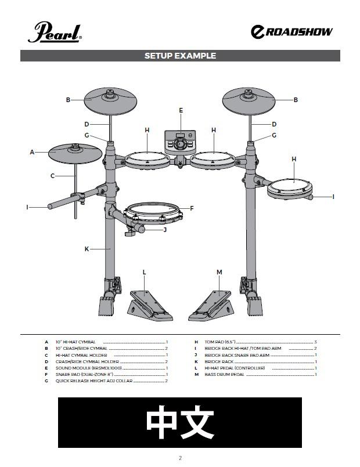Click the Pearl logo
click(55, 32)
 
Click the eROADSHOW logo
click(291, 32)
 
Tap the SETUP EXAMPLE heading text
click(181, 56)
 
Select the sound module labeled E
click(181, 142)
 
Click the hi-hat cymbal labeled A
click(75, 153)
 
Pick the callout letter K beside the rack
click(87, 249)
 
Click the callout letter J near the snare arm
click(165, 230)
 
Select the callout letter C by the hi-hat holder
click(52, 176)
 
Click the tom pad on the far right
click(290, 189)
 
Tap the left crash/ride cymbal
click(110, 101)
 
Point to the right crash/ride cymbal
click(249, 101)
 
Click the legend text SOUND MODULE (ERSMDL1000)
click(88, 368)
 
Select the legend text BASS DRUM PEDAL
click(224, 375)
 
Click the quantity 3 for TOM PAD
click(316, 342)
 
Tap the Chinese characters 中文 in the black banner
click(180, 422)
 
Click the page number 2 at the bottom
click(180, 458)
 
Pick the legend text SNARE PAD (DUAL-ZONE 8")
click(84, 374)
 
